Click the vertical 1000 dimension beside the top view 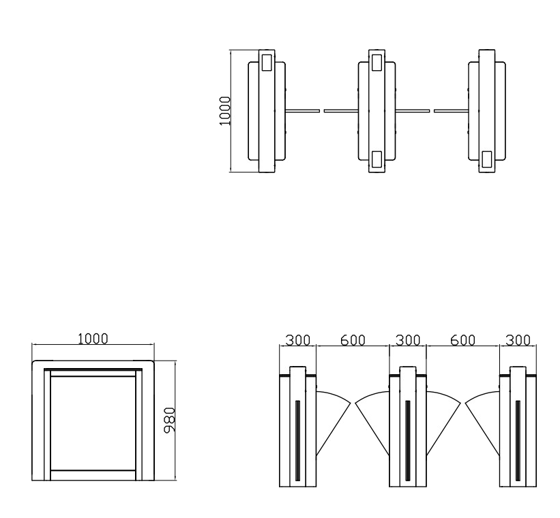click(225, 110)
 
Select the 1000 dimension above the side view click(93, 339)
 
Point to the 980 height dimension click(169, 420)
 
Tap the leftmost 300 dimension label click(298, 340)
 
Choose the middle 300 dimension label click(408, 340)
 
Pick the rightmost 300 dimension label click(518, 340)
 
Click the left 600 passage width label click(353, 340)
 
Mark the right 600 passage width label click(463, 340)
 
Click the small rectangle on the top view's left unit click(267, 63)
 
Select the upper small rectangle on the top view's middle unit click(377, 63)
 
